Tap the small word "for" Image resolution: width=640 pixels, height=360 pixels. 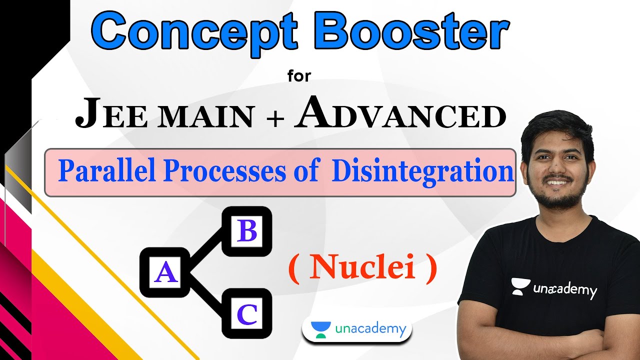[x=299, y=76]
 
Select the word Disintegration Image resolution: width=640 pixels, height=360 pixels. [x=423, y=171]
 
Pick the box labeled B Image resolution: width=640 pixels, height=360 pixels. [x=247, y=231]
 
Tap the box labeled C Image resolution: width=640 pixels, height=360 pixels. [x=247, y=314]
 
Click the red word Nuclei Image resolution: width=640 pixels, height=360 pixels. [x=362, y=268]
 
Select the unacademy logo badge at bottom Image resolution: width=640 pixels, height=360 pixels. [x=357, y=329]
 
